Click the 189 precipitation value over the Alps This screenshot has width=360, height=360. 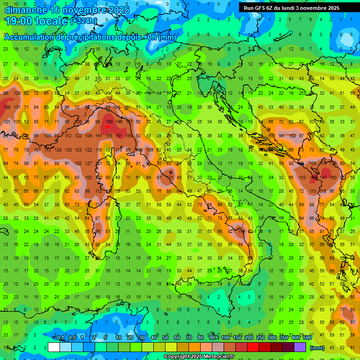coord(109,122)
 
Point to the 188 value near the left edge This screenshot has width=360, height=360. coord(7,107)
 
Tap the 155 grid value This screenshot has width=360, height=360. coord(109,136)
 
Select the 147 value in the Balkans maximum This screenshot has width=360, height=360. coord(324,178)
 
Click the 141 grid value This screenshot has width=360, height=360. coord(99,136)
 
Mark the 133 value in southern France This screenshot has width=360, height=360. coord(68,150)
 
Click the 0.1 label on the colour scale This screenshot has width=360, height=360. coord(61,338)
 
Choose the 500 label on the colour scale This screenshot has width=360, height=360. coord(307,338)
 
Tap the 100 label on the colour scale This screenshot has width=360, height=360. coord(225,338)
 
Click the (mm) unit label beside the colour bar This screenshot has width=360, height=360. coord(317,348)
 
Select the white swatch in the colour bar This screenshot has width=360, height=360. coord(53,347)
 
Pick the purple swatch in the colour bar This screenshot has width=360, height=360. coord(300,347)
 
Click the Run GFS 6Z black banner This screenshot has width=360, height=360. coord(292,8)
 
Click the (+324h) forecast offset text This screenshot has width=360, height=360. coord(83,21)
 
